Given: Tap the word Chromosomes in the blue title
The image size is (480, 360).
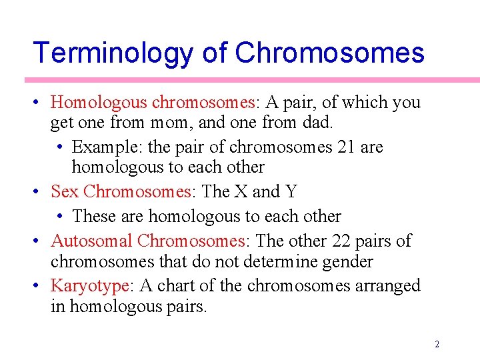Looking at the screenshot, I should point(329,53).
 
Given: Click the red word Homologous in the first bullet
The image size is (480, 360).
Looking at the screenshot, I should point(99,103).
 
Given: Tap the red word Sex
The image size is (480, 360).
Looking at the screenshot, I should point(65,192).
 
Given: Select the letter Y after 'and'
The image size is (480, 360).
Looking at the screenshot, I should point(290,192).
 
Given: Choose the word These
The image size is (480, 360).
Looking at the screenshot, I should point(93,217).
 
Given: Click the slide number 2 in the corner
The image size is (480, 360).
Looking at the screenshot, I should point(437,345).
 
